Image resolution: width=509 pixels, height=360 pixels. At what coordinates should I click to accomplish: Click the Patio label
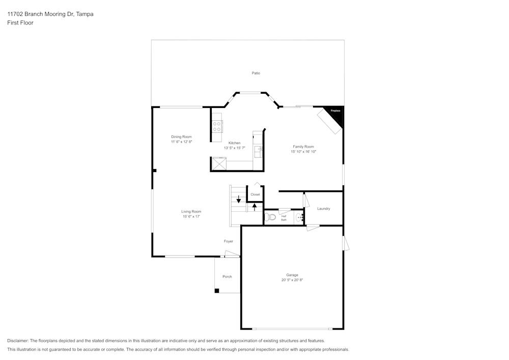click(x=256, y=73)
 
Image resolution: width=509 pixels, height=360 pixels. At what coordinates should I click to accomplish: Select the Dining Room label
click(x=181, y=136)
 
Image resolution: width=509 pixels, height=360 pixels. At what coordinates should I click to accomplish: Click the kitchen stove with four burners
click(x=217, y=126)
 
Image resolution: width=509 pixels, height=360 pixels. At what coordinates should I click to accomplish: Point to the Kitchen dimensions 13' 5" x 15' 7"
click(x=234, y=148)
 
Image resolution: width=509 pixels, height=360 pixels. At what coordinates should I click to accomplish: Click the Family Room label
click(x=303, y=147)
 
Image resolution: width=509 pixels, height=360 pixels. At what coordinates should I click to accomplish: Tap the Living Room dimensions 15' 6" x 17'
click(x=191, y=216)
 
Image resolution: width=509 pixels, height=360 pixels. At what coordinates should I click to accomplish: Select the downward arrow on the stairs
click(x=238, y=199)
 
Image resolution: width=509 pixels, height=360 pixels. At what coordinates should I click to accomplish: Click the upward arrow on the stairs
click(x=255, y=207)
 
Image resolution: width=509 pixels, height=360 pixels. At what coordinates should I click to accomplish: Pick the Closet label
click(x=255, y=195)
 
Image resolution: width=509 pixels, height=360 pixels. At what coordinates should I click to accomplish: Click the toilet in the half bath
click(x=271, y=217)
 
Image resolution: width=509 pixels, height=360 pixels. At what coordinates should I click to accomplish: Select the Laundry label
click(x=324, y=209)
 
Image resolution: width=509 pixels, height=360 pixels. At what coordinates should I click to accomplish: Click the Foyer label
click(x=229, y=241)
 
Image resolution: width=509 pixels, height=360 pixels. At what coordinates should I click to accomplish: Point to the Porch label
click(x=227, y=276)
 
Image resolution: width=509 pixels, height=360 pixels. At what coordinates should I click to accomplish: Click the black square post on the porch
click(x=217, y=291)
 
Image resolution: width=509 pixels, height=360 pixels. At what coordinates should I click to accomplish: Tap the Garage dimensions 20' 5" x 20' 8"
click(x=292, y=280)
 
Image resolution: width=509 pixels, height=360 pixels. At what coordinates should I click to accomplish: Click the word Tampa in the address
click(x=84, y=14)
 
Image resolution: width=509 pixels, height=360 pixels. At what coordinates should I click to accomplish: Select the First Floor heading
click(x=20, y=23)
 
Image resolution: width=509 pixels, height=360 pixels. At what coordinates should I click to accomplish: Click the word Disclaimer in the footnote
click(x=18, y=341)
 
